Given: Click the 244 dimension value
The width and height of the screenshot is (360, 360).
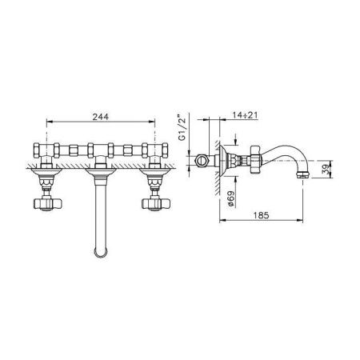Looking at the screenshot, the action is (101, 117).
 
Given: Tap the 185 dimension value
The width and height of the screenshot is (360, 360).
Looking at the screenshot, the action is (261, 215).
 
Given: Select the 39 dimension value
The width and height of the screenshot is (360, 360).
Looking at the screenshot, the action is (326, 169).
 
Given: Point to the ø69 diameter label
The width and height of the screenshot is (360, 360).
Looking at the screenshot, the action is (231, 198).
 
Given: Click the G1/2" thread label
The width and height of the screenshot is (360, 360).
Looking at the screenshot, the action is (182, 127).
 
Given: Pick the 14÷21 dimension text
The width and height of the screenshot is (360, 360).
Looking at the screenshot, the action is (245, 115).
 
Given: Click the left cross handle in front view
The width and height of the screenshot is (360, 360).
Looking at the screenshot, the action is (48, 204).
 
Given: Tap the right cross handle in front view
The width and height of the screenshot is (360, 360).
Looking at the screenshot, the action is (156, 204).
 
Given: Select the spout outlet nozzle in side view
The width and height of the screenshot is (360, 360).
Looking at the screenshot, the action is (303, 175).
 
